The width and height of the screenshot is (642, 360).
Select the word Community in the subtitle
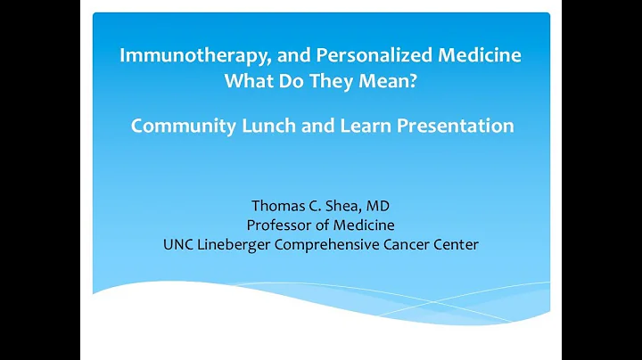click(181, 126)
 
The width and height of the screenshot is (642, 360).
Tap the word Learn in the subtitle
click(364, 126)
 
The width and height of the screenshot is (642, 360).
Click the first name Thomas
click(279, 206)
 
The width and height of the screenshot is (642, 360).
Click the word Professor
click(283, 225)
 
